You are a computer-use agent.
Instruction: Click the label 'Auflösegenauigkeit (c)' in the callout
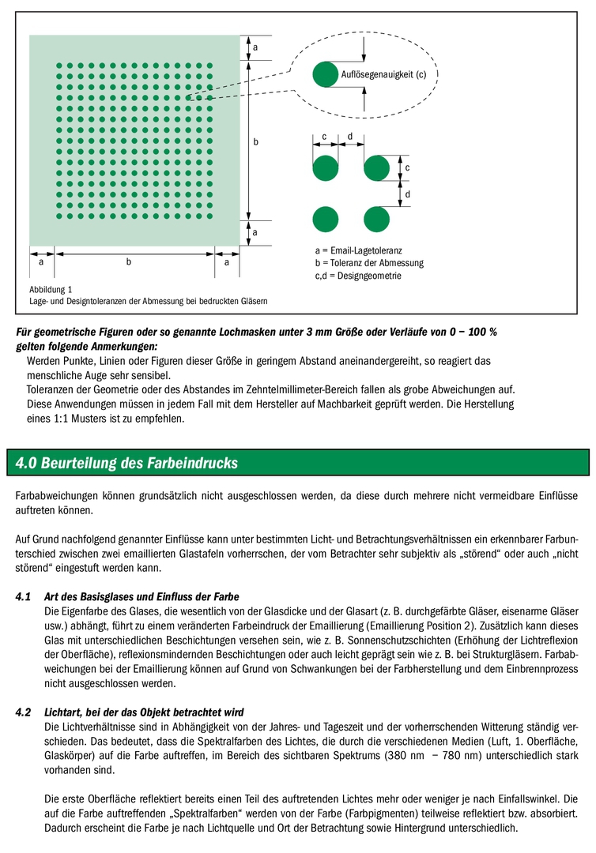click(x=383, y=75)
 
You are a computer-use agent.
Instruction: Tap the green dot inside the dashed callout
click(x=325, y=74)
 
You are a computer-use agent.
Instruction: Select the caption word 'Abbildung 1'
click(x=51, y=289)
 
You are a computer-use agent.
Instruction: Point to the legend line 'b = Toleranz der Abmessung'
click(x=369, y=263)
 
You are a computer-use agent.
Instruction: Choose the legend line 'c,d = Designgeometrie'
click(x=358, y=276)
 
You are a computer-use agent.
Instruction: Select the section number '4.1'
click(x=24, y=596)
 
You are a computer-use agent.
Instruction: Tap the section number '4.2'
click(x=24, y=712)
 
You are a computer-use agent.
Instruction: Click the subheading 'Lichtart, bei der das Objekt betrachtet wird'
click(x=144, y=712)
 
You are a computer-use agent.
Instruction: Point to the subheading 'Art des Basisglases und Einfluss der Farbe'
click(x=142, y=596)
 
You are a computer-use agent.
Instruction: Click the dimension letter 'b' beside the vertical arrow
click(x=256, y=142)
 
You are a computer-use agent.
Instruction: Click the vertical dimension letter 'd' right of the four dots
click(x=407, y=194)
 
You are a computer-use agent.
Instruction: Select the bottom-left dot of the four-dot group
click(x=325, y=218)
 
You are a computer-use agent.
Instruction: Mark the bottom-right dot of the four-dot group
click(x=376, y=218)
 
